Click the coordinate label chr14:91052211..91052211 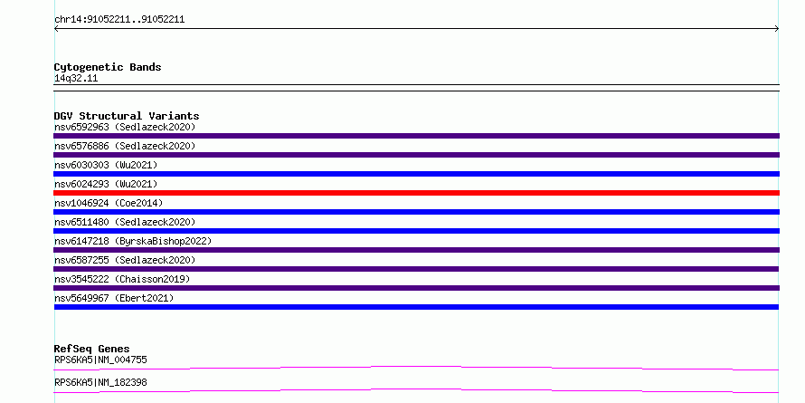coord(119,20)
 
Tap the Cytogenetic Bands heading coord(108,67)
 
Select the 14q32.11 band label coord(76,79)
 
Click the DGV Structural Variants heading coord(127,116)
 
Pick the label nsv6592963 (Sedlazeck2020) coord(125,127)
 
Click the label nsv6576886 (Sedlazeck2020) coord(125,146)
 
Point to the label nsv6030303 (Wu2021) coord(106,165)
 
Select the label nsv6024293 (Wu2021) coord(106,184)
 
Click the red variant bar coord(416,193)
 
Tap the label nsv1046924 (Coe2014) coord(109,203)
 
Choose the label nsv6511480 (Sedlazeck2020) coord(125,222)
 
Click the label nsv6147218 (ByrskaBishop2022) coord(133,241)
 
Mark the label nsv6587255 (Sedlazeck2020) coord(125,260)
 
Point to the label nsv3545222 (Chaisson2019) coord(122,279)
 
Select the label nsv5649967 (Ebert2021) coord(114,298)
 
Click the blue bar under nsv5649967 coord(416,307)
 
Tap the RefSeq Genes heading coord(92,349)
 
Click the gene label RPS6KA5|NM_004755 coord(100,360)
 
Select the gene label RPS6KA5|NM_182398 coord(100,383)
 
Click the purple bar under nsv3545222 coord(416,288)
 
